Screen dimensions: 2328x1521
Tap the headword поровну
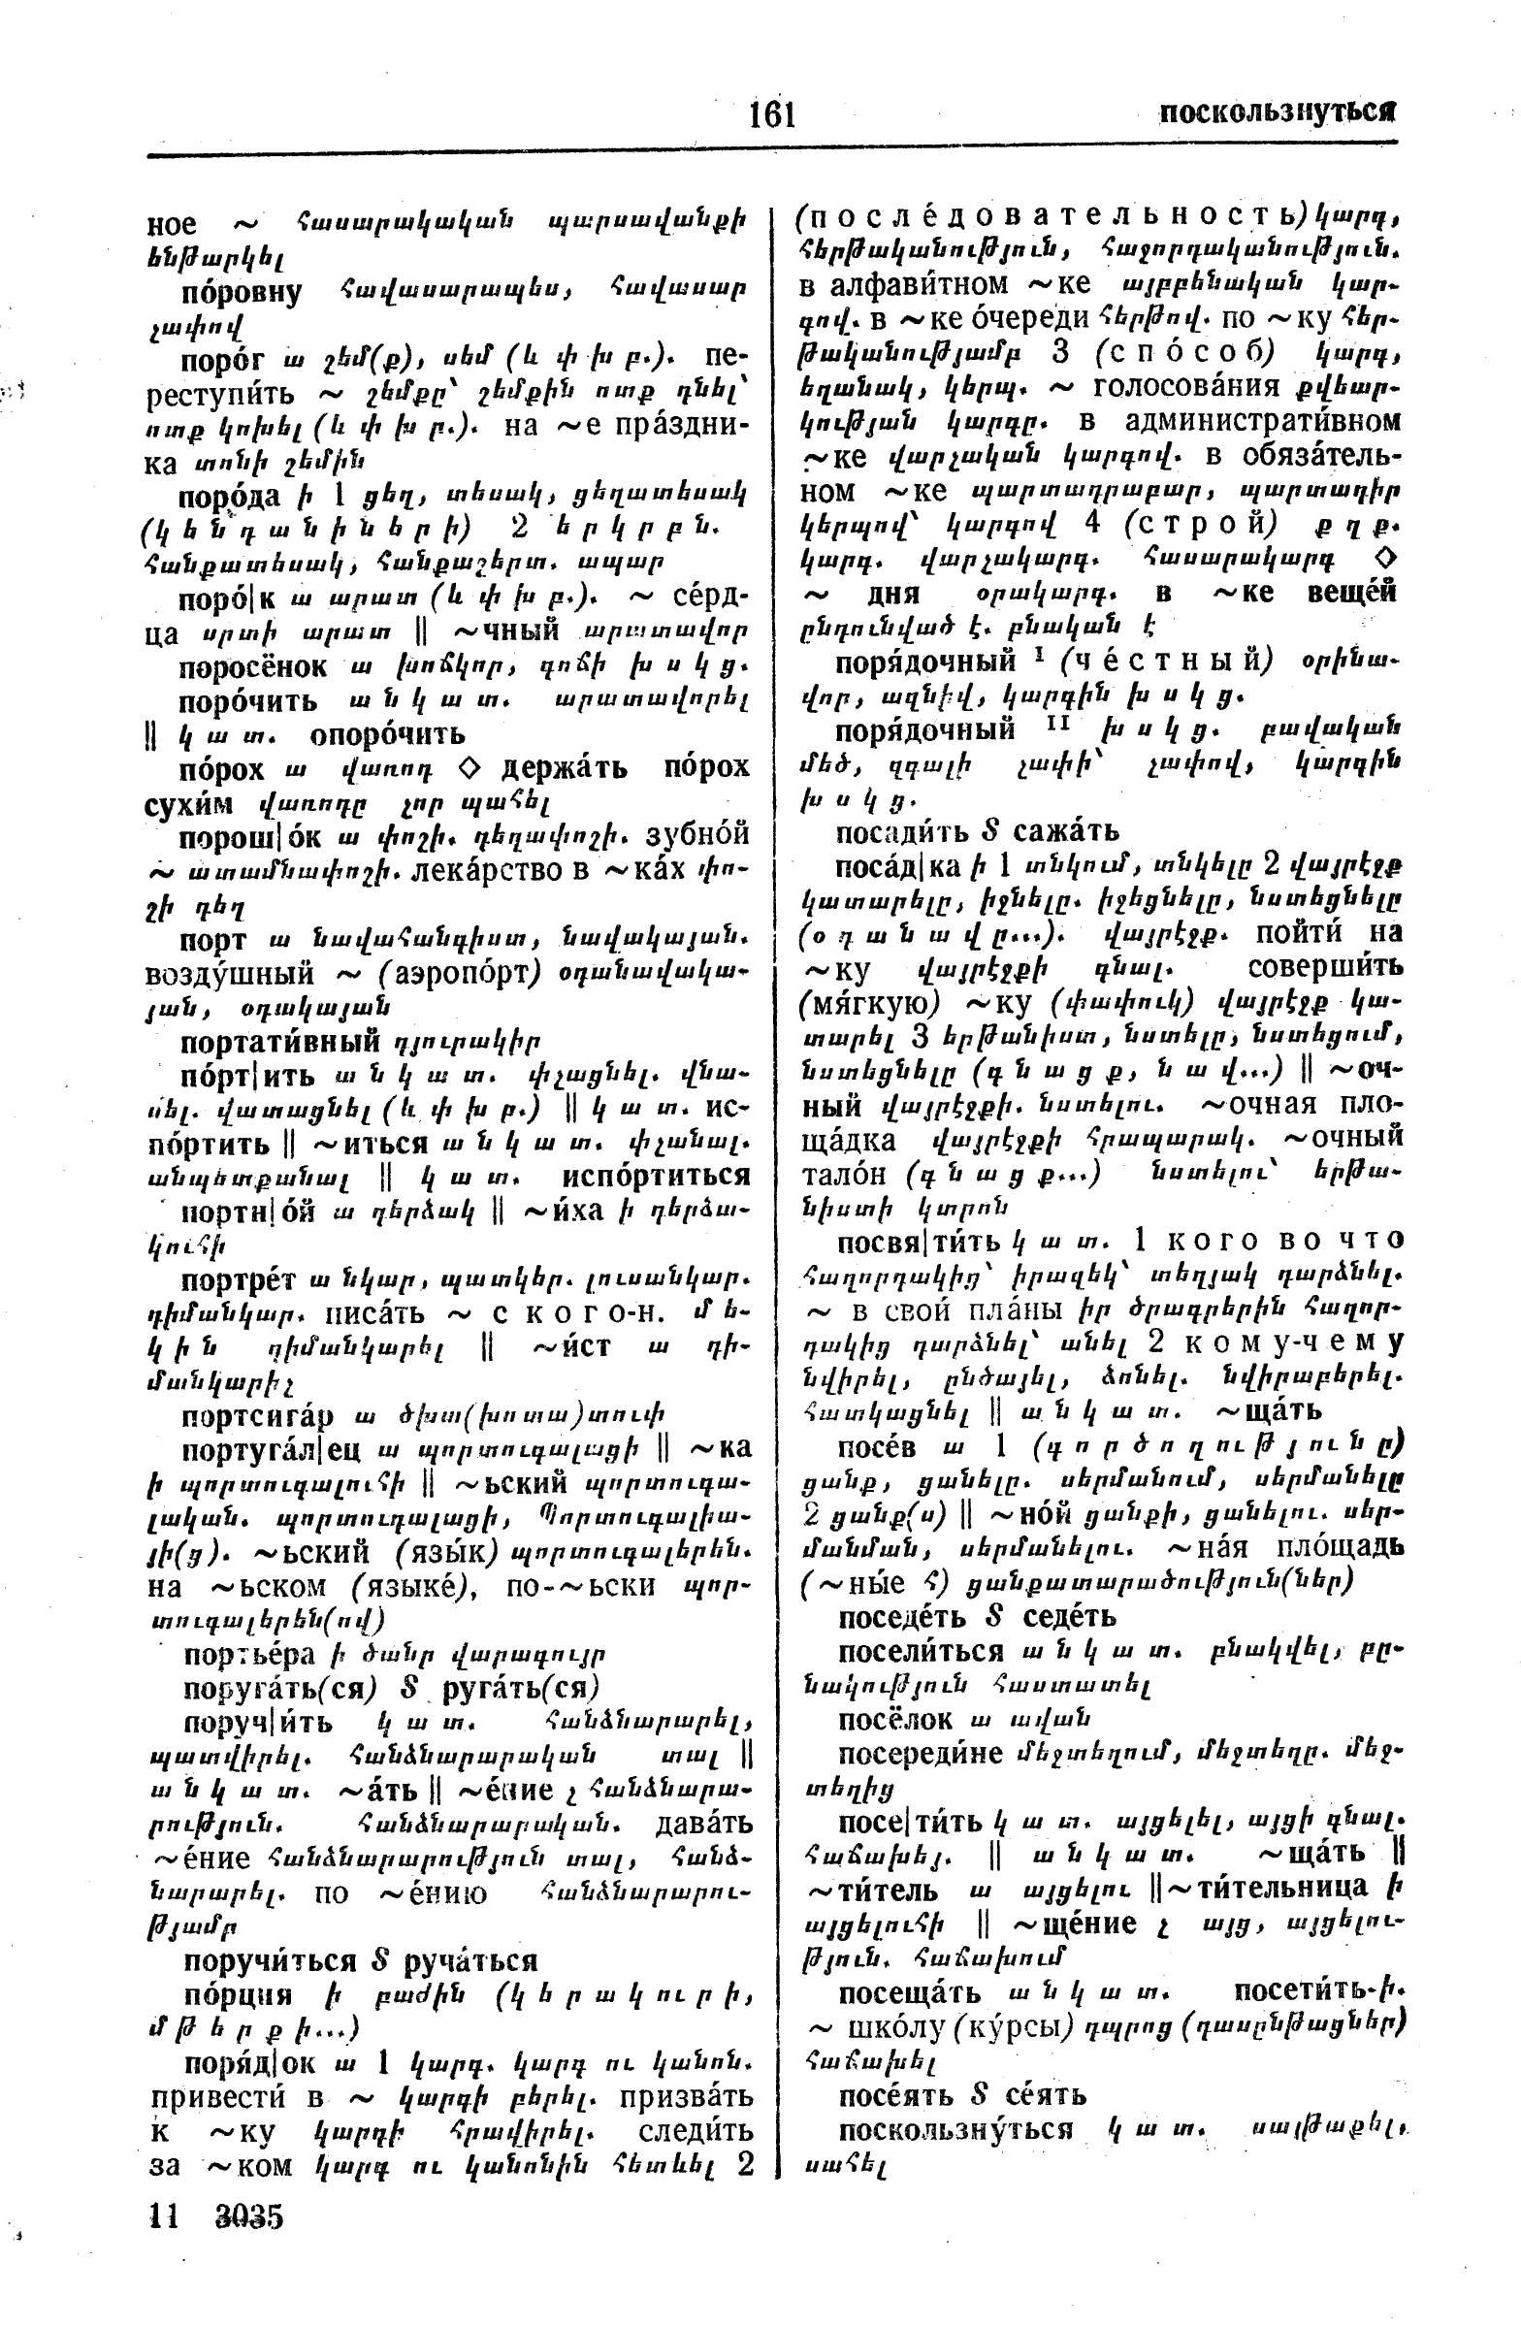(x=241, y=292)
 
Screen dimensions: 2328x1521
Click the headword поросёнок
(x=253, y=667)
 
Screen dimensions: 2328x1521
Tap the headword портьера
(x=249, y=1654)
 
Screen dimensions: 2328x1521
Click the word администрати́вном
(x=1262, y=422)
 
